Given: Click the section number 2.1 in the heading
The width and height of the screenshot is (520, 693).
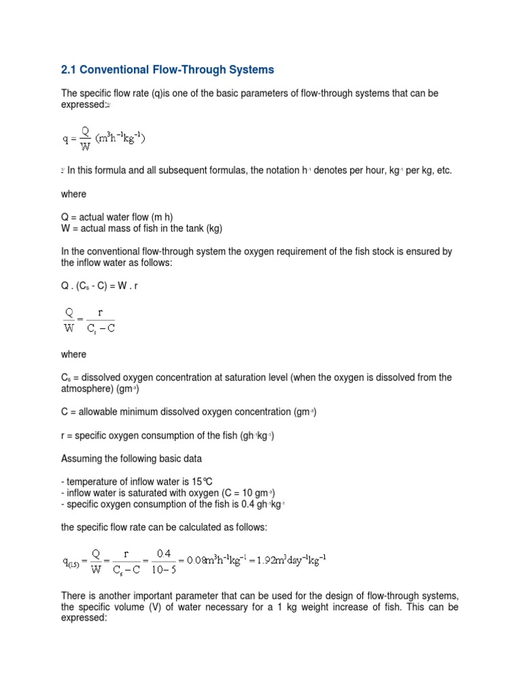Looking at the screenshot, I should [70, 70].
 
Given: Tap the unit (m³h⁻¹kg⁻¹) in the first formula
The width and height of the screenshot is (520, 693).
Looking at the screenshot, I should [121, 139].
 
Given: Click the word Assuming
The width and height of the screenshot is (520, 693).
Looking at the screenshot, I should [83, 459].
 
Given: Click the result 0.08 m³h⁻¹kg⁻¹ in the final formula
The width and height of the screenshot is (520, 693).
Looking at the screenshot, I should [217, 559].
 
